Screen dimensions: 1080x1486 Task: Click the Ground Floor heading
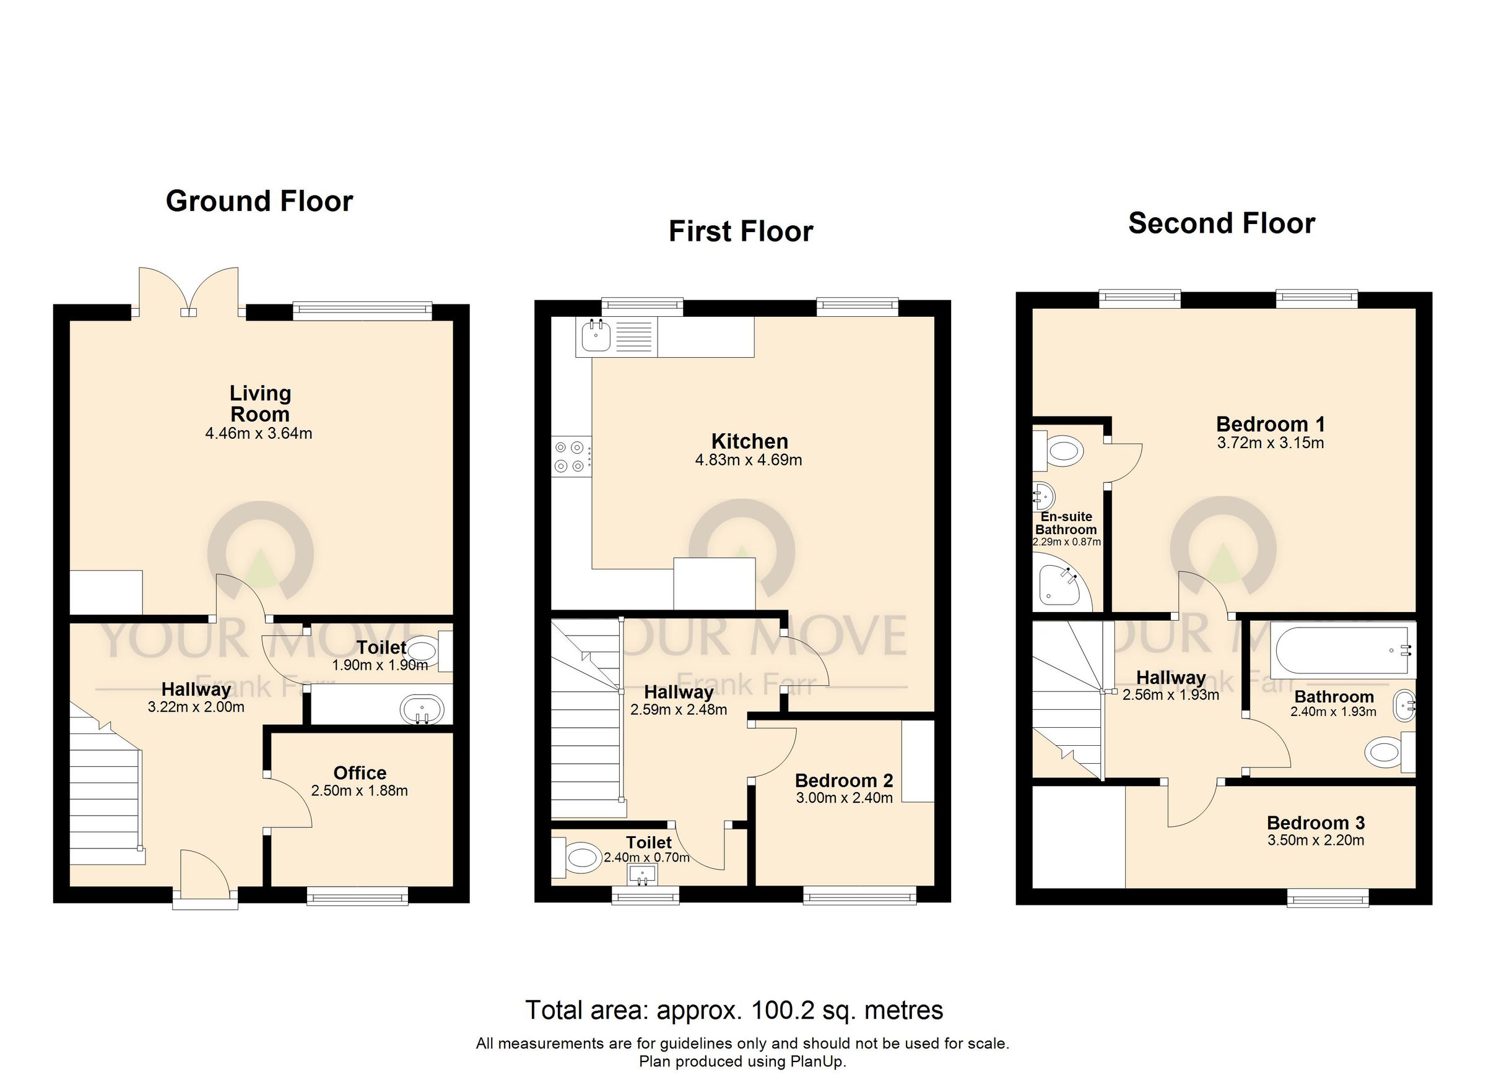(x=259, y=201)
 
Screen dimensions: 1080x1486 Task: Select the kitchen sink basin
(x=596, y=337)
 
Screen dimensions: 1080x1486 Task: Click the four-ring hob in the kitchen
(x=570, y=457)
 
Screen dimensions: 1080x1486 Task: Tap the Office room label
(x=360, y=773)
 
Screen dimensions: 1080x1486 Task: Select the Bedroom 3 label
(x=1315, y=823)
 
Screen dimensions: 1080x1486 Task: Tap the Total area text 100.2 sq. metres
(x=734, y=1010)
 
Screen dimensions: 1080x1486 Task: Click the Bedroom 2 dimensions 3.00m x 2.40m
(x=844, y=798)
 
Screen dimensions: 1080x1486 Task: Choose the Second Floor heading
(x=1221, y=223)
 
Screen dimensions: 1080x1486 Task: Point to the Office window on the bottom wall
(x=357, y=897)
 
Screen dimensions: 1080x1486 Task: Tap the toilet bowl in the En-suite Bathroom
(x=1062, y=451)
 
